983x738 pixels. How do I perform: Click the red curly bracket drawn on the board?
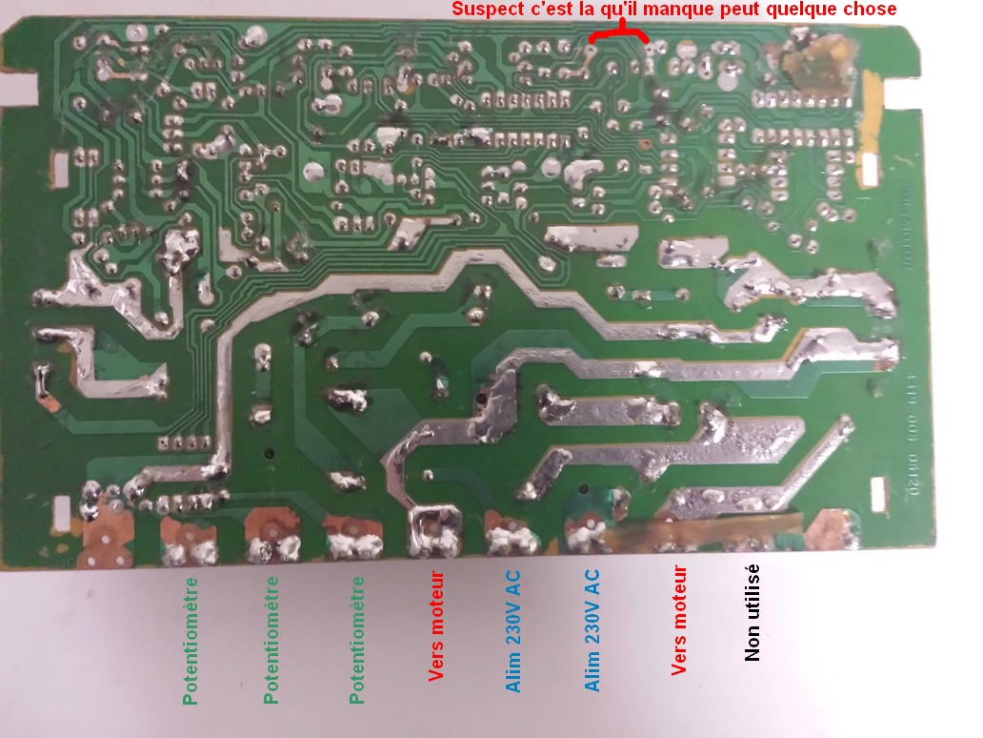[620, 36]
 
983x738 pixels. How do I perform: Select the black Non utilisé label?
[752, 611]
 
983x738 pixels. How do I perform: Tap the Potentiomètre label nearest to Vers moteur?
[357, 639]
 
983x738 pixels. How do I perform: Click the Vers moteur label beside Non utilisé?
[679, 621]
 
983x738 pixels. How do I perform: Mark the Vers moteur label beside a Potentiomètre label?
[436, 625]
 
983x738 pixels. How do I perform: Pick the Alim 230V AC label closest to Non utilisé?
[592, 629]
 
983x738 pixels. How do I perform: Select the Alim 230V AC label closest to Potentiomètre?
[513, 629]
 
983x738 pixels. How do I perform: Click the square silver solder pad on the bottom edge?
[433, 529]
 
